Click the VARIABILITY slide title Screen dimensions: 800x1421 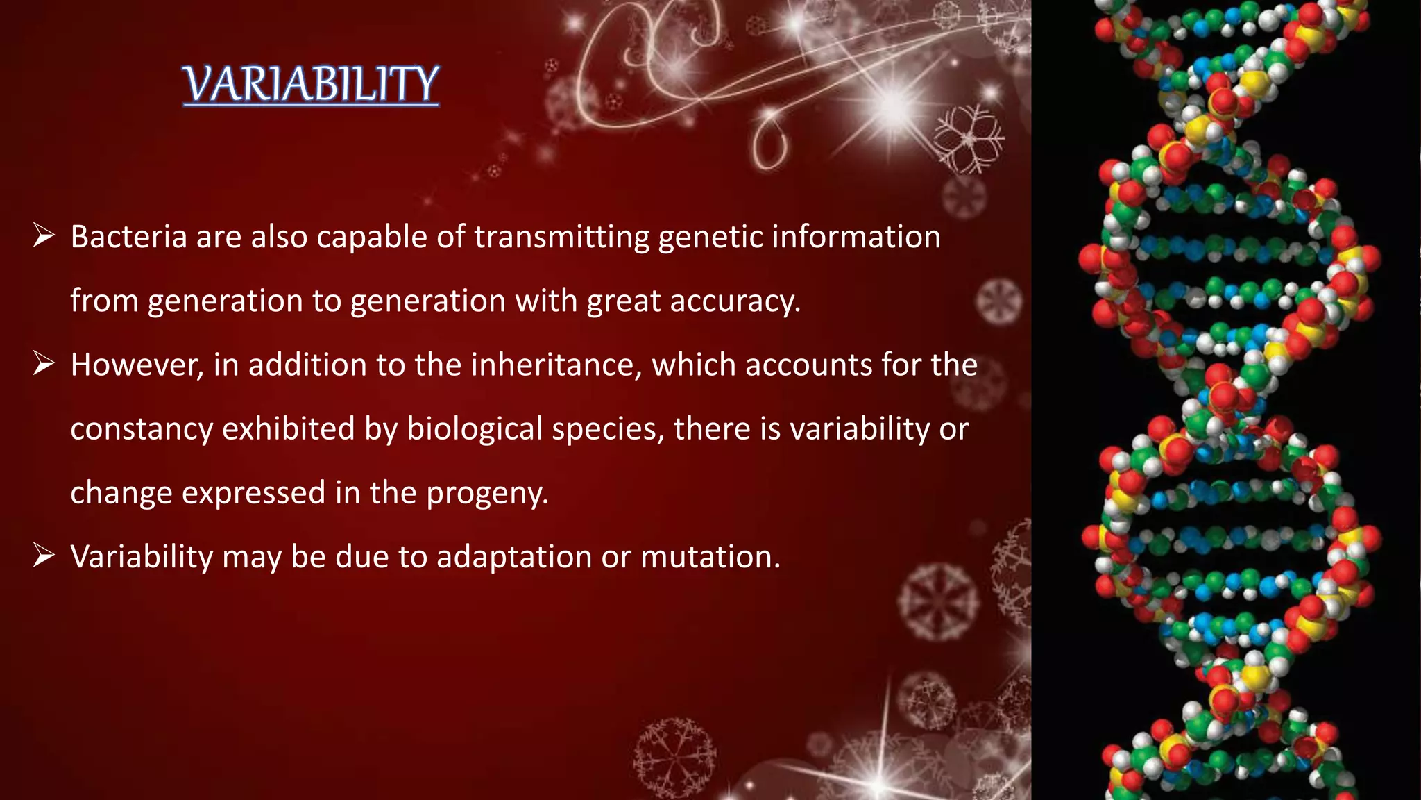click(x=311, y=84)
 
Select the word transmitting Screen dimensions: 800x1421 click(x=561, y=237)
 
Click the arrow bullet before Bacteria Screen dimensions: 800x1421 click(x=44, y=236)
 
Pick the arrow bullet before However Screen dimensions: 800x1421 click(x=44, y=364)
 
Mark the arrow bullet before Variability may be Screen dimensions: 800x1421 click(x=44, y=556)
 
